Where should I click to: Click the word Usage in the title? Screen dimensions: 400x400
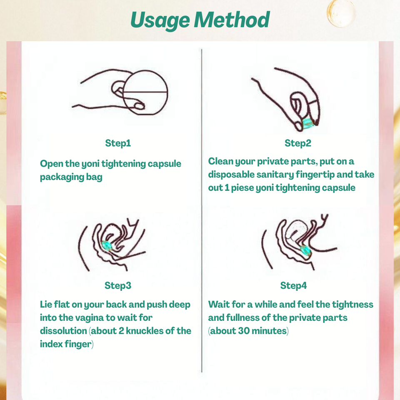click(x=160, y=20)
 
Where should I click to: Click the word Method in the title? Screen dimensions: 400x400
click(x=232, y=20)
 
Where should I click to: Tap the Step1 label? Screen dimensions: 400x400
click(x=118, y=143)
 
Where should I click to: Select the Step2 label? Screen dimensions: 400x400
click(x=297, y=143)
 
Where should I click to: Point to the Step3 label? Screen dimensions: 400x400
click(x=117, y=286)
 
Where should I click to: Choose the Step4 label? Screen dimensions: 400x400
click(x=293, y=286)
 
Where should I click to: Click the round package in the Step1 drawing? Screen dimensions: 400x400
click(x=145, y=92)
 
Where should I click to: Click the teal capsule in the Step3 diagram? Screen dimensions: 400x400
click(x=107, y=246)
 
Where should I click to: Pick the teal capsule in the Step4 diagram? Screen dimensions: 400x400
click(x=305, y=250)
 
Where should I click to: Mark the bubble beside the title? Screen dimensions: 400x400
click(x=341, y=13)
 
